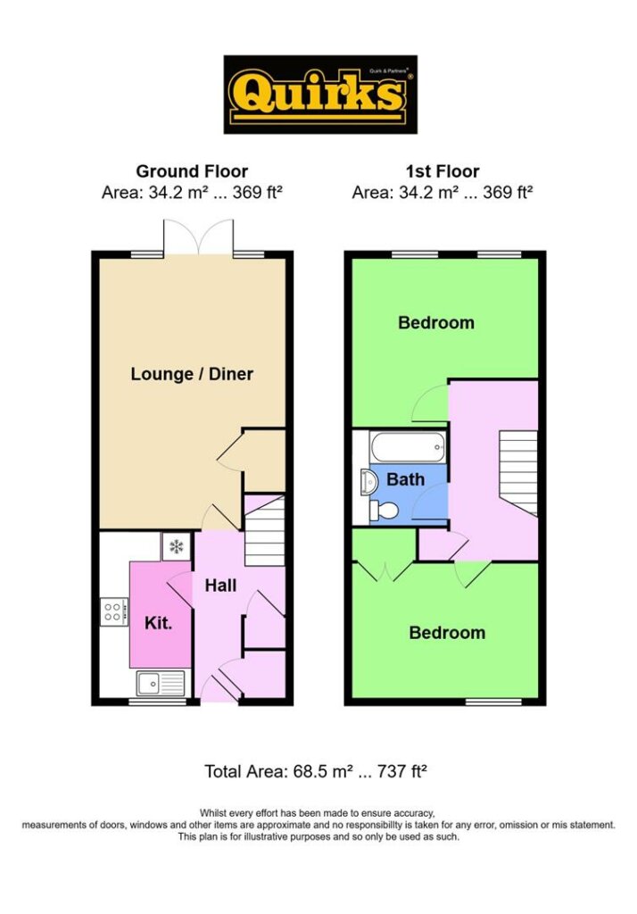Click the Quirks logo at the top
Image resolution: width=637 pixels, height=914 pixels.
[x=320, y=95]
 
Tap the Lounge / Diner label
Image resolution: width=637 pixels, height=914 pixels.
[x=192, y=374]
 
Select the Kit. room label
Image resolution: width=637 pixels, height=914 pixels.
[x=159, y=622]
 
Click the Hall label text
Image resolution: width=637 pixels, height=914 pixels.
[x=220, y=586]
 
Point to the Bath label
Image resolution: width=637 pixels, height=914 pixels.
[x=406, y=479]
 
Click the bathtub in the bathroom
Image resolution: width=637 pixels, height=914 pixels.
[x=407, y=447]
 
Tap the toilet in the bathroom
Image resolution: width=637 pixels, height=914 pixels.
[x=383, y=511]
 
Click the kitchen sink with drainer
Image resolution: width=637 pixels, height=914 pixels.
[x=161, y=683]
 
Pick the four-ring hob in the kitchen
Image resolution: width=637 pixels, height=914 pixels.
[x=113, y=611]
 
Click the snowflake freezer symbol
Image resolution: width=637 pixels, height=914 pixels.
[x=176, y=547]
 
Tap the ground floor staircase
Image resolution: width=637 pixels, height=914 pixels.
[x=265, y=530]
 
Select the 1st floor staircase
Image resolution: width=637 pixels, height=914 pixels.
[x=517, y=473]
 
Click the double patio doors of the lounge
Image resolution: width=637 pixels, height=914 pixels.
[x=199, y=237]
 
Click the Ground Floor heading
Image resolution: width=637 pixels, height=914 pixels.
[x=192, y=171]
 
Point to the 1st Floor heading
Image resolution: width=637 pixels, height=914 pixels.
[x=443, y=171]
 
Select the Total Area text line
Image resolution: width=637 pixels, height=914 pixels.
[x=316, y=771]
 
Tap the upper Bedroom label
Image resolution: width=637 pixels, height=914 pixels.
[x=436, y=322]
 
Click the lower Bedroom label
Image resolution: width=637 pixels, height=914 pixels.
[x=447, y=633]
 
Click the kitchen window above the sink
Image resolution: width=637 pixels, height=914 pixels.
[x=157, y=702]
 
